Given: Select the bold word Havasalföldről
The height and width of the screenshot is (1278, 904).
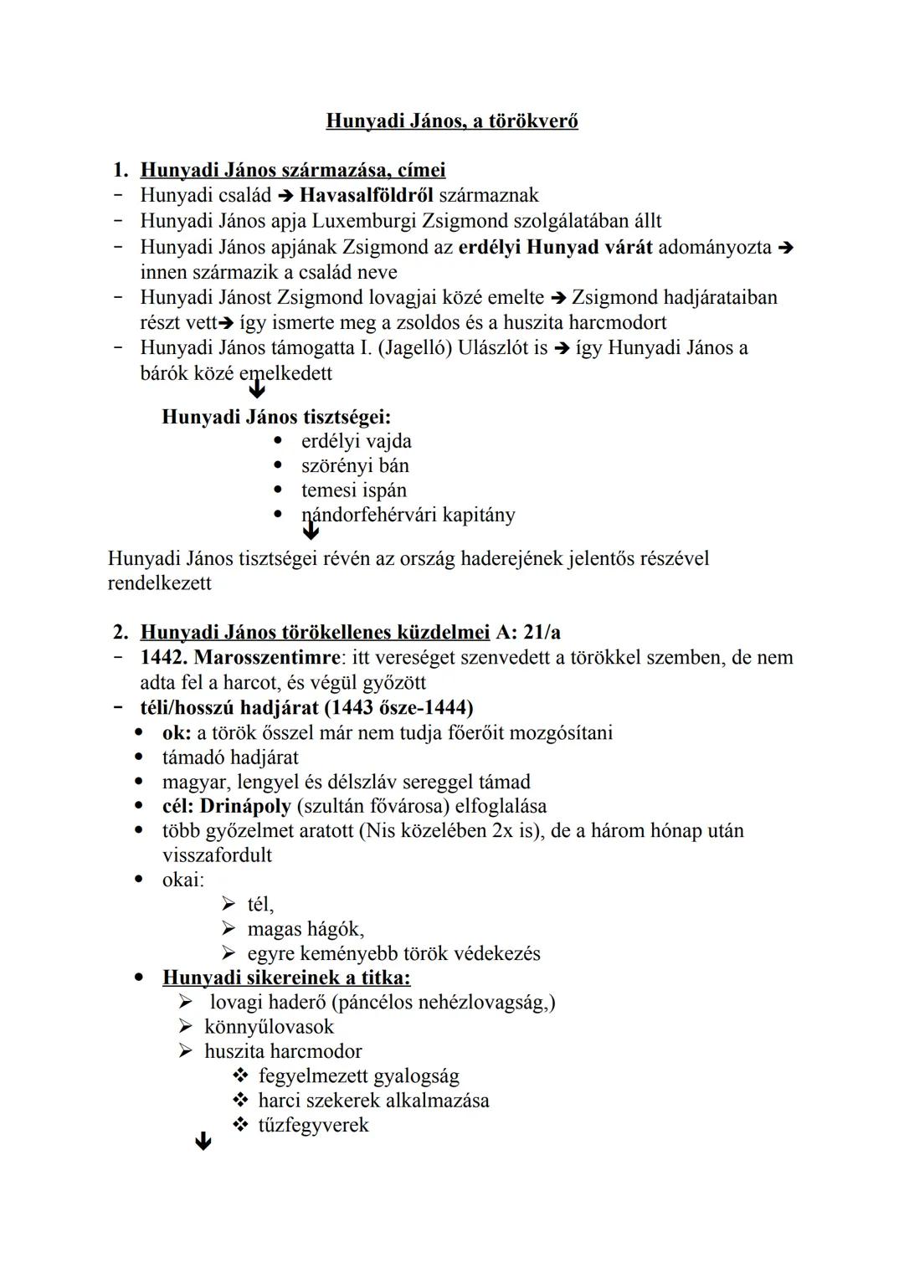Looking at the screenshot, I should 366,196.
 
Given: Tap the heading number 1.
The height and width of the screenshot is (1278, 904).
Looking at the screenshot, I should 121,171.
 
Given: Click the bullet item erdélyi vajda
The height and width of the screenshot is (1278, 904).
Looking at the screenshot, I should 356,441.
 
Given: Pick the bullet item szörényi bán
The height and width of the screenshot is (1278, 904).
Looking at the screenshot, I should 355,465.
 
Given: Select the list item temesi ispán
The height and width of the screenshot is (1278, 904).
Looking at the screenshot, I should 353,490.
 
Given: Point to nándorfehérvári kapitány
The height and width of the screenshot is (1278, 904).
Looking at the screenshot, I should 408,515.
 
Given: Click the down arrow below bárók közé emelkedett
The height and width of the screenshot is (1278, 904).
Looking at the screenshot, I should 257,388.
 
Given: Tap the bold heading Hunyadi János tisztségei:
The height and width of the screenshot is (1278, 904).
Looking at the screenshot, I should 276,417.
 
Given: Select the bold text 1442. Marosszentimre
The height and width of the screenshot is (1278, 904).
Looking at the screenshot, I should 240,658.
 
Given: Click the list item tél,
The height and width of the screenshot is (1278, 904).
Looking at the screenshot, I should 260,905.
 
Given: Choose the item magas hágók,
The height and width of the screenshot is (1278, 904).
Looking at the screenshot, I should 306,929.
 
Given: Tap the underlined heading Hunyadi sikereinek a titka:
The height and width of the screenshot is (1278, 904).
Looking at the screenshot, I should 286,978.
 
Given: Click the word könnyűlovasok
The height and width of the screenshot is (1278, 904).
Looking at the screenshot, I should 269,1027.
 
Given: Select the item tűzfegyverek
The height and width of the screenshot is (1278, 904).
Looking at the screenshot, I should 313,1125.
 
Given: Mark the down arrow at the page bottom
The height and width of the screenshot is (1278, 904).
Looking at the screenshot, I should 203,1142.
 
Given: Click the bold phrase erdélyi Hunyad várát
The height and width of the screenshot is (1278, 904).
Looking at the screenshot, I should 555,248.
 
